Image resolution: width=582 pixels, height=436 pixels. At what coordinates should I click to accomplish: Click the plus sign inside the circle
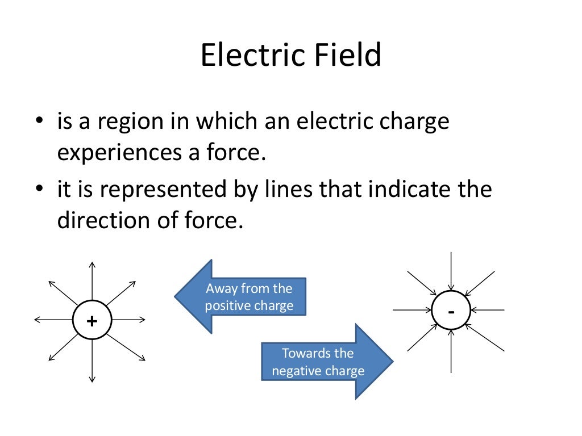(x=92, y=321)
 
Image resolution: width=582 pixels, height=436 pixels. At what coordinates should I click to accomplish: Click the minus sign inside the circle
(x=451, y=312)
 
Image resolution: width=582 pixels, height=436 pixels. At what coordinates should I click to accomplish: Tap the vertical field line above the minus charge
(x=451, y=270)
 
